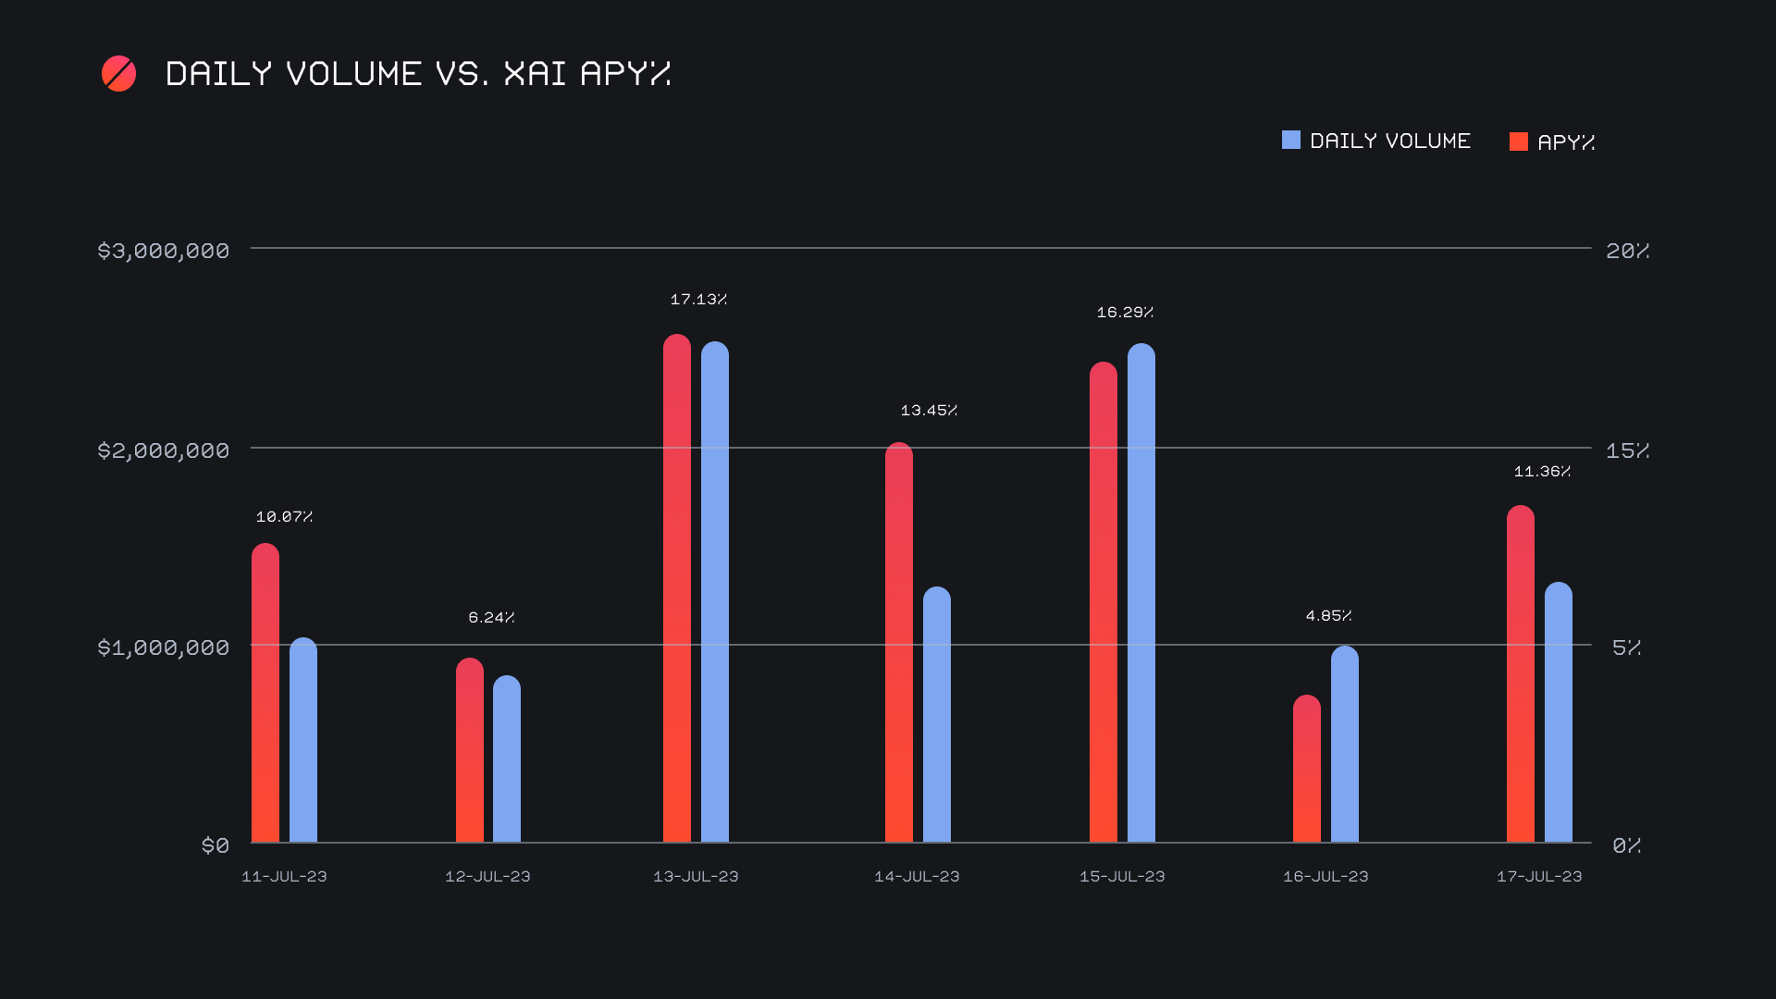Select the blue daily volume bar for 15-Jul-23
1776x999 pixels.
click(x=1141, y=593)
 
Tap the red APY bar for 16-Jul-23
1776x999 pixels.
click(x=1307, y=769)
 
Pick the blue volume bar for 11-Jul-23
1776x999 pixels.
click(x=303, y=740)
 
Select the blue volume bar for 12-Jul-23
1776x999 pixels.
click(x=507, y=758)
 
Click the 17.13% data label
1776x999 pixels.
click(x=698, y=300)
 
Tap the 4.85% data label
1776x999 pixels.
click(x=1328, y=616)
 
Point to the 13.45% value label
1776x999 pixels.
click(x=929, y=411)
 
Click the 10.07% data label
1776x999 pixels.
click(x=284, y=517)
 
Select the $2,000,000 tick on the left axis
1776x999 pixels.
click(x=164, y=450)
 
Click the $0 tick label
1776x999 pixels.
click(x=216, y=845)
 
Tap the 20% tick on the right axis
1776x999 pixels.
click(x=1627, y=251)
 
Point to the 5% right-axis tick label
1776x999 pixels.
click(x=1626, y=647)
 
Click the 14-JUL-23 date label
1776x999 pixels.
click(x=917, y=877)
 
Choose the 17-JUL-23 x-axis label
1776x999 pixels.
click(x=1539, y=877)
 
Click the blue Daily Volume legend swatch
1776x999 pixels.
click(x=1291, y=141)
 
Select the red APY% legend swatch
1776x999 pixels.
click(x=1519, y=142)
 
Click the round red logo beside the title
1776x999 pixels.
click(x=118, y=74)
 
